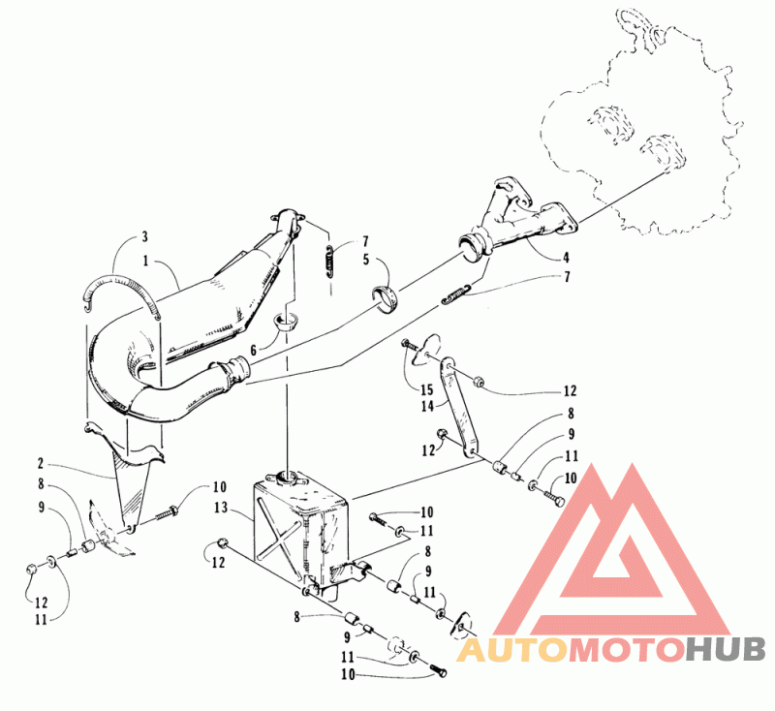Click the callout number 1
click(146, 261)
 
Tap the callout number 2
click(41, 463)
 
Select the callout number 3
click(144, 236)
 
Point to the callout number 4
click(566, 257)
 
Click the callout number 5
click(366, 260)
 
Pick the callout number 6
click(254, 351)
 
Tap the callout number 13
click(221, 508)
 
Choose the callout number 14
click(427, 406)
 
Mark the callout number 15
click(426, 389)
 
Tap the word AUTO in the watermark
click(512, 649)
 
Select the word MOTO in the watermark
click(627, 649)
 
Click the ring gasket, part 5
click(385, 298)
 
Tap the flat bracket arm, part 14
click(456, 406)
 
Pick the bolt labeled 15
click(410, 345)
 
